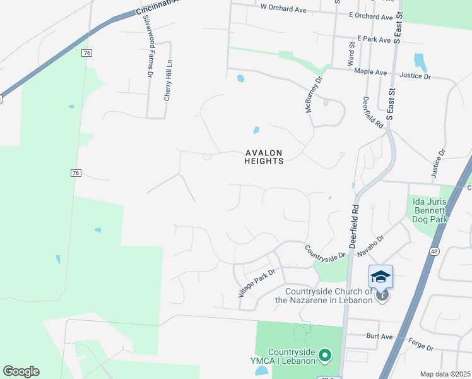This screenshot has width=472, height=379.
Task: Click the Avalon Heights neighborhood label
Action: [264, 157]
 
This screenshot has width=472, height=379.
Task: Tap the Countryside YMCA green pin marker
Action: [325, 356]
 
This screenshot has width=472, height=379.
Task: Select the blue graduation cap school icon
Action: [381, 277]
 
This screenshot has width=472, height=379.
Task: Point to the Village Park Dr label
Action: [257, 284]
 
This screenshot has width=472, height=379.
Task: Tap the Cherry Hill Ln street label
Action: [168, 81]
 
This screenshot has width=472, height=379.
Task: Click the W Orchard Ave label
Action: [283, 9]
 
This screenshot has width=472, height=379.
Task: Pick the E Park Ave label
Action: [374, 39]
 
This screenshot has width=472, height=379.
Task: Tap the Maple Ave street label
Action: [370, 73]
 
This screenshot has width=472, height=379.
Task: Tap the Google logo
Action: [21, 371]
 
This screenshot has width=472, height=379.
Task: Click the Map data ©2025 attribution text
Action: [445, 374]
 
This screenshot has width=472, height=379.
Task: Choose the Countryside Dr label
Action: [326, 251]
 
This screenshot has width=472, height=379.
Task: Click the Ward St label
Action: [352, 55]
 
